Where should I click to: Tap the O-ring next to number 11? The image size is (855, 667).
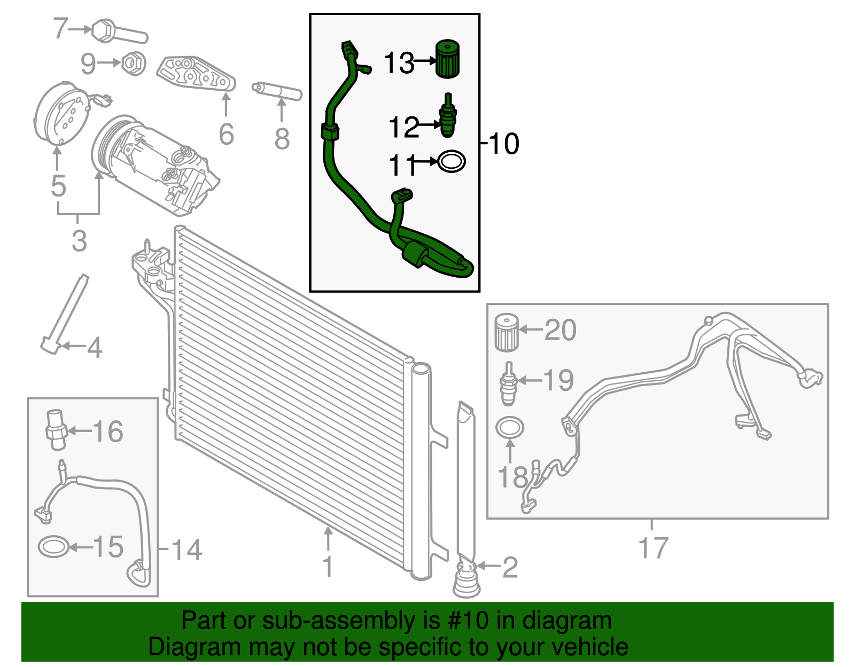click(452, 161)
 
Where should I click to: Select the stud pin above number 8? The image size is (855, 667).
click(277, 92)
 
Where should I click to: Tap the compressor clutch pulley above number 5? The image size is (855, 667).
click(60, 113)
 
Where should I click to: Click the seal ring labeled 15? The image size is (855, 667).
click(54, 547)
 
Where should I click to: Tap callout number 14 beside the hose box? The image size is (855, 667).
click(186, 550)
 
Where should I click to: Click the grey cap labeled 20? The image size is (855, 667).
click(506, 332)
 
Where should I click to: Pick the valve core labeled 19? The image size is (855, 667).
click(508, 383)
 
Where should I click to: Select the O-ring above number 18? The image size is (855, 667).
click(510, 427)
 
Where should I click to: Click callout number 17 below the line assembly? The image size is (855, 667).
click(653, 548)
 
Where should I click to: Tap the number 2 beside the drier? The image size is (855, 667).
click(510, 567)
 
